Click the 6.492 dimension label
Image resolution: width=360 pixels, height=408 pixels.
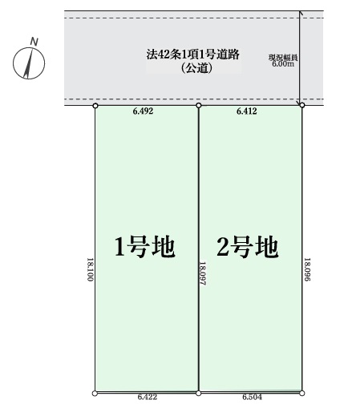pos(143,111)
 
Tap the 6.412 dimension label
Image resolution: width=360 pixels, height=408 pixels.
pos(247,111)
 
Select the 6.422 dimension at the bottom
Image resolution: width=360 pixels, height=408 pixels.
pos(148,397)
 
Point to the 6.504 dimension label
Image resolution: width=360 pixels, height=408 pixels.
pos(252,397)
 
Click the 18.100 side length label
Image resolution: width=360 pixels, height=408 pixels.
pos(91,269)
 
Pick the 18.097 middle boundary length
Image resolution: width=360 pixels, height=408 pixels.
pos(203,273)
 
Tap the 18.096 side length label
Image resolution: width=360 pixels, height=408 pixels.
pos(307,269)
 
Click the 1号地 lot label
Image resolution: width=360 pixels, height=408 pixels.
pos(145,247)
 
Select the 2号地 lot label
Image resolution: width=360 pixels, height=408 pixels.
pos(248,247)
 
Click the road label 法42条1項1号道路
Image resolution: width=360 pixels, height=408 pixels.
pos(192,55)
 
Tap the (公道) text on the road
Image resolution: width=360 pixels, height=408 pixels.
pos(197,68)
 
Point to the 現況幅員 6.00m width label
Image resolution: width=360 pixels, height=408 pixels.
pos(283,61)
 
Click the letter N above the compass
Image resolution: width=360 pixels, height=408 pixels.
pos(34,42)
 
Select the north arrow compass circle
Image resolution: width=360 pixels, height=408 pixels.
pos(29,63)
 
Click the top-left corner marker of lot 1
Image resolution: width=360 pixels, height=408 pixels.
pos(95,106)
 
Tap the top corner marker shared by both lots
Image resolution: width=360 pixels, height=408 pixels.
pos(199,106)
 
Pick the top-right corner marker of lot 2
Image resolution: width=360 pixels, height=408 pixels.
pos(302,105)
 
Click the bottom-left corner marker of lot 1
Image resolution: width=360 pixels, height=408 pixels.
pos(95,394)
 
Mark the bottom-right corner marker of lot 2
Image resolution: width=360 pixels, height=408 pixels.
pos(302,393)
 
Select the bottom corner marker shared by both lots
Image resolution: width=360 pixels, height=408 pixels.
pos(198,393)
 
